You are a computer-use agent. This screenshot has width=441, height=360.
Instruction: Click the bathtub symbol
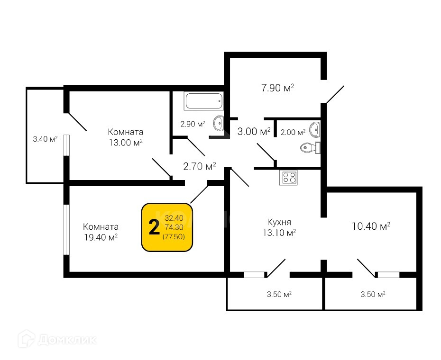(203, 101)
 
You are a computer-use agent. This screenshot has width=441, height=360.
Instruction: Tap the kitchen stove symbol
(289, 178)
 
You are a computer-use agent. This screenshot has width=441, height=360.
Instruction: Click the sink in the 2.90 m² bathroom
(219, 123)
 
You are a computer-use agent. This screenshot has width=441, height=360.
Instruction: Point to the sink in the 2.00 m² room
(315, 128)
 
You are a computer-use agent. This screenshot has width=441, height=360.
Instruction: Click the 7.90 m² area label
(277, 88)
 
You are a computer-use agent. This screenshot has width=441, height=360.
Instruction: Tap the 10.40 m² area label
(371, 226)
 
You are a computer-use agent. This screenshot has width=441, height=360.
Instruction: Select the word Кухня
(279, 222)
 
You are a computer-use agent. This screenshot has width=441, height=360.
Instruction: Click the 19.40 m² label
(101, 237)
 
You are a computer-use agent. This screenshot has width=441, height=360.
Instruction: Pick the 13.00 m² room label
(126, 143)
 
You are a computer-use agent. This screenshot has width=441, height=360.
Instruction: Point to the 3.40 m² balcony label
(45, 139)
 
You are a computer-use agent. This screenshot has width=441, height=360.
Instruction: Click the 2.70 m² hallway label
(200, 166)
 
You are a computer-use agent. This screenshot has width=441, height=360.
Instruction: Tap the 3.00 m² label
(254, 131)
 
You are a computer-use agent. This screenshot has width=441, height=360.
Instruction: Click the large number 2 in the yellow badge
(154, 228)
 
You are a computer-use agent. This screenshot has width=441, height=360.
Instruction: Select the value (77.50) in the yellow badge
(174, 236)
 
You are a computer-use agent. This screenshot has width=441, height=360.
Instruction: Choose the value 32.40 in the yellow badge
(174, 218)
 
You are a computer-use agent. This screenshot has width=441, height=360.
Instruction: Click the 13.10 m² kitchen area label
(279, 233)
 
